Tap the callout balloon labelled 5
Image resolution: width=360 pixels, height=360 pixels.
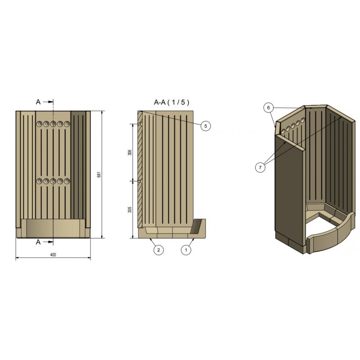coord(206,126)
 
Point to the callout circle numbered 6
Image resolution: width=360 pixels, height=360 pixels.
coord(268,108)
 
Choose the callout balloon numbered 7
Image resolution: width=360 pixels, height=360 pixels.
coord(260,167)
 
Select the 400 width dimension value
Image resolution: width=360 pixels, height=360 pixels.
coord(53,255)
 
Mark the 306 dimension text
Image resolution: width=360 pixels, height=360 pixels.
coord(130,153)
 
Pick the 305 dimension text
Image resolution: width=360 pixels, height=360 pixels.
coord(130,210)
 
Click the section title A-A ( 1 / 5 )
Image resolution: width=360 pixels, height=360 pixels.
coord(171,103)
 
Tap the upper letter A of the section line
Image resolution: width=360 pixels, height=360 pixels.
coord(38,102)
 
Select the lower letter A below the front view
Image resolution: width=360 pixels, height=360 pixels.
coord(38,242)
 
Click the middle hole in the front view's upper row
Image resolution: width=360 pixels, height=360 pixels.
coord(53,124)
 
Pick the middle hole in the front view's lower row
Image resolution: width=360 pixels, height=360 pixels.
coord(53,181)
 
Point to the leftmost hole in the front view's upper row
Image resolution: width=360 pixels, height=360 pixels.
coord(40,124)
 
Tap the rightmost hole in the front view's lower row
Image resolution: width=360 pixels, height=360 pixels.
coord(67,181)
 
